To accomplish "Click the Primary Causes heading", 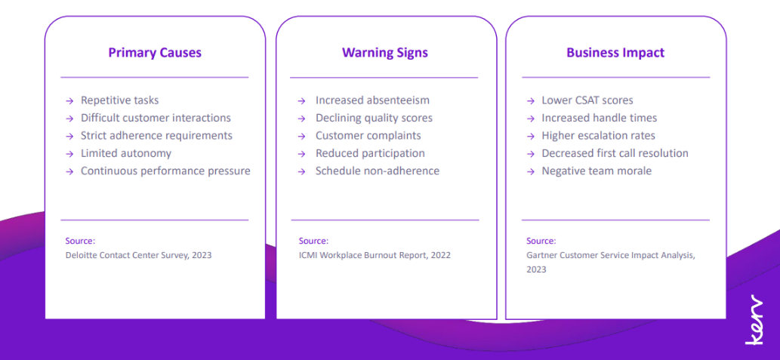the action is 155,53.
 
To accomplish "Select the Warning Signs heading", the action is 384,53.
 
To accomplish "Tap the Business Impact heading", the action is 615,53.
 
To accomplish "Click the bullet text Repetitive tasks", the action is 119,100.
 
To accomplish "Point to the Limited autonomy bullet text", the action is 126,153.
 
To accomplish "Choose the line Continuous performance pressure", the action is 165,171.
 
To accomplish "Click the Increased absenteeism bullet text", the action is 372,100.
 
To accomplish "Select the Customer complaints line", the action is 368,136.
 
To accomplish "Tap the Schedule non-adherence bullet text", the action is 377,171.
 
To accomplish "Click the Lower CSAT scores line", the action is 587,100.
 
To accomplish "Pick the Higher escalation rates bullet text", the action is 599,135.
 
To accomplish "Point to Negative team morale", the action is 597,171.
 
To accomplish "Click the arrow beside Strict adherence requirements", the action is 69,136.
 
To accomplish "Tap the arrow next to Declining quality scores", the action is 301,118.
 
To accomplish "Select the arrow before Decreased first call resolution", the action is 530,154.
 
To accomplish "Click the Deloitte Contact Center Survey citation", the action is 138,256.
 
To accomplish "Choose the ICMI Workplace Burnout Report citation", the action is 375,256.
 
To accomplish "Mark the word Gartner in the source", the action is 541,256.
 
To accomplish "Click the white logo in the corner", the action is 754,319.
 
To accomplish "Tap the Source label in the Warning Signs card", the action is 313,242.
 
